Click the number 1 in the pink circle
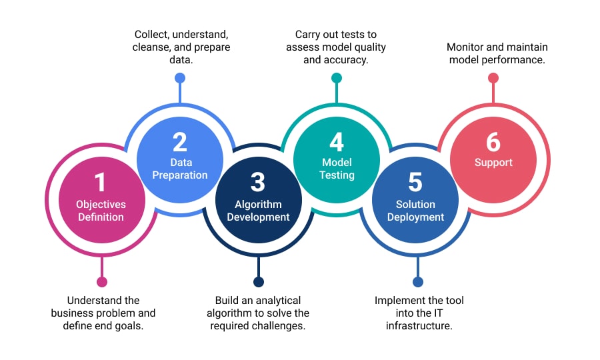click(100, 183)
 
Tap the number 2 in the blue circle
click(179, 142)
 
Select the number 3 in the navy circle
click(258, 183)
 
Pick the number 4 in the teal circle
click(337, 142)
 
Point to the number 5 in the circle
click(415, 183)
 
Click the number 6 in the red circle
click(493, 142)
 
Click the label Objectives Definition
click(100, 211)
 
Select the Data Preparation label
click(179, 169)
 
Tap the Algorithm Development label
click(258, 211)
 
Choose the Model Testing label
click(337, 169)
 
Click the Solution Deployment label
click(415, 211)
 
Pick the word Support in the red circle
click(493, 163)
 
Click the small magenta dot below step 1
click(101, 282)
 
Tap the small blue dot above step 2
click(179, 78)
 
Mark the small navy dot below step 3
click(259, 282)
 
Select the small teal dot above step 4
click(337, 78)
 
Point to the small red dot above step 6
click(493, 78)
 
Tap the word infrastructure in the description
click(419, 326)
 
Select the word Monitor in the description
click(467, 47)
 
